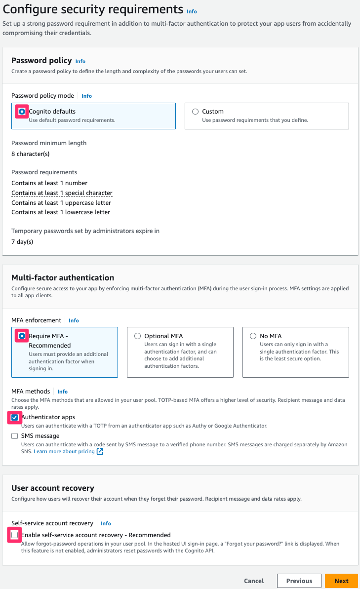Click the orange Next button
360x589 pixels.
pyautogui.click(x=341, y=581)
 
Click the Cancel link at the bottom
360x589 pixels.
pyautogui.click(x=254, y=581)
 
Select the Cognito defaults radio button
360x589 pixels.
pyautogui.click(x=22, y=112)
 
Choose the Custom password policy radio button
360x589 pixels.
pyautogui.click(x=196, y=112)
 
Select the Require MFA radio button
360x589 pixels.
pyautogui.click(x=22, y=336)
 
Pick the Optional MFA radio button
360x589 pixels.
pyautogui.click(x=138, y=336)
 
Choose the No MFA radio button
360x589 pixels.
pyautogui.click(x=253, y=336)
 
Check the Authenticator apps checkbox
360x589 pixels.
pyautogui.click(x=15, y=418)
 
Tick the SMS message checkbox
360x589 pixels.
pyautogui.click(x=15, y=436)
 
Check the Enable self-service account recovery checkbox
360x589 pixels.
pyautogui.click(x=15, y=535)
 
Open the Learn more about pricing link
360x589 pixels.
pyautogui.click(x=64, y=452)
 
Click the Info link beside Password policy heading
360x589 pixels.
pyautogui.click(x=80, y=61)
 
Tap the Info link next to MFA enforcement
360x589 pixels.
pyautogui.click(x=74, y=320)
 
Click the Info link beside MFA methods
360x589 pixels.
pyautogui.click(x=62, y=392)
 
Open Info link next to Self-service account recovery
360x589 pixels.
pyautogui.click(x=106, y=523)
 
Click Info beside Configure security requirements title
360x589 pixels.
pyautogui.click(x=192, y=11)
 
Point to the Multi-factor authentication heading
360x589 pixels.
pyautogui.click(x=63, y=277)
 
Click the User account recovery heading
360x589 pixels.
pyautogui.click(x=53, y=488)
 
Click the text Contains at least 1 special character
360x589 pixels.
pyautogui.click(x=62, y=193)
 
